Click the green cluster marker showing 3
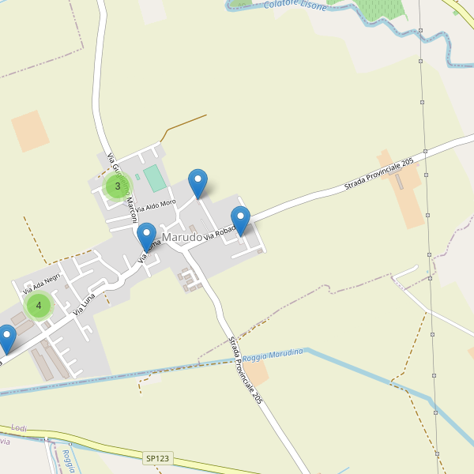[118, 186]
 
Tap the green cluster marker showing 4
[38, 305]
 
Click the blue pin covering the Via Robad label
[240, 219]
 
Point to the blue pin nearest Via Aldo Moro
[197, 182]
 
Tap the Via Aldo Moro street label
[156, 207]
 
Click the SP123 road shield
[157, 458]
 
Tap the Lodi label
[19, 427]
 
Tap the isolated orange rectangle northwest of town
[30, 130]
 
